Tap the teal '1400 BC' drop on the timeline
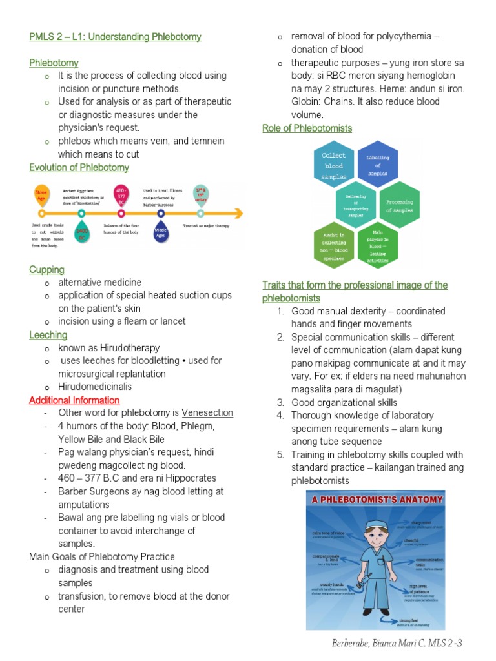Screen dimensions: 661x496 pyautogui.click(x=82, y=234)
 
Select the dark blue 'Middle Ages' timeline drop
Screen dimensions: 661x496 pyautogui.click(x=161, y=233)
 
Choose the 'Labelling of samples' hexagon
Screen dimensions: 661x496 pyautogui.click(x=378, y=165)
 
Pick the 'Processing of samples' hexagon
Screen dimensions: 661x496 pyautogui.click(x=399, y=206)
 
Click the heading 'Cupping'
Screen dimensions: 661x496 pyautogui.click(x=46, y=269)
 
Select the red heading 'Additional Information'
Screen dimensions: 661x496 pyautogui.click(x=74, y=400)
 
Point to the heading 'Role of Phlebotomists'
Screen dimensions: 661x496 pyautogui.click(x=307, y=128)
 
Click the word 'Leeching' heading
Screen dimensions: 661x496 pyautogui.click(x=48, y=335)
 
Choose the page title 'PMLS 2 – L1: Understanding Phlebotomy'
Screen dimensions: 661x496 pyautogui.click(x=115, y=37)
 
